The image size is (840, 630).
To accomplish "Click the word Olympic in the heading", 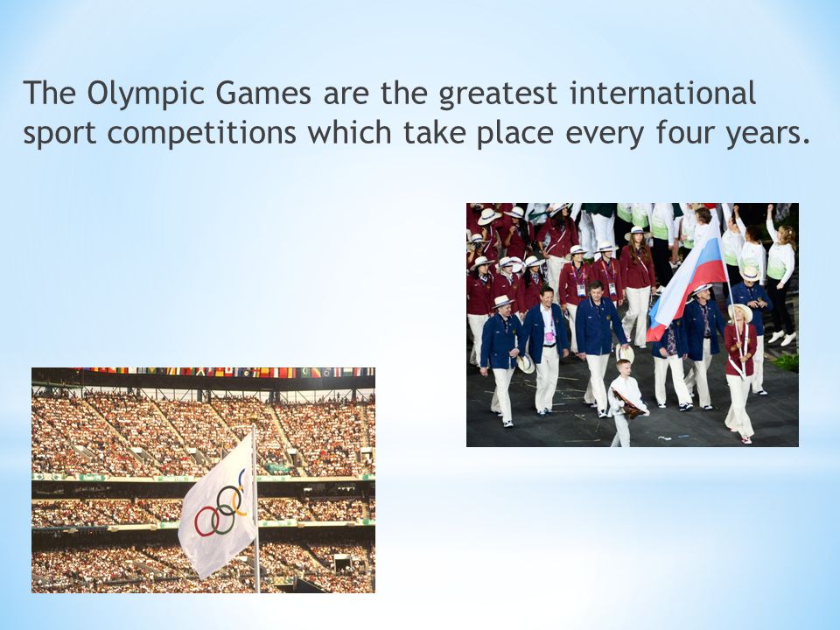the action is click(x=146, y=94).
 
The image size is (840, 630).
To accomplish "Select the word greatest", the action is click(x=498, y=94).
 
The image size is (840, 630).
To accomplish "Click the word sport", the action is click(x=59, y=134).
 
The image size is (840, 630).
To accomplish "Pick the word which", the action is click(x=349, y=132).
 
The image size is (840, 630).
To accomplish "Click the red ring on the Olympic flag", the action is click(x=206, y=521).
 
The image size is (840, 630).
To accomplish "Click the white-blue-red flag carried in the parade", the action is click(x=687, y=280).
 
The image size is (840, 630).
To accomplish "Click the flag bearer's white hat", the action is click(x=740, y=311).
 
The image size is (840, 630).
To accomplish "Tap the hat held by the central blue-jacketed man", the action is click(x=625, y=353).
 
